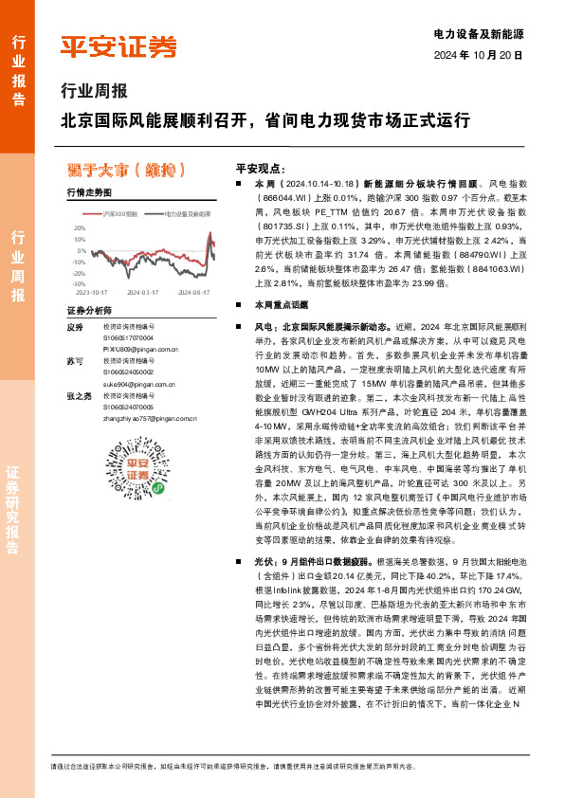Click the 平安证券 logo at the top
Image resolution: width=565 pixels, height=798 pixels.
118,45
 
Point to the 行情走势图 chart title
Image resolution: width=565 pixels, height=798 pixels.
90,191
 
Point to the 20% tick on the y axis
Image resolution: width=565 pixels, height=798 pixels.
80,227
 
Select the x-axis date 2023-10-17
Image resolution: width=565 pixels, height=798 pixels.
88,293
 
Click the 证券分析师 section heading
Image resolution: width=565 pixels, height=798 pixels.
90,311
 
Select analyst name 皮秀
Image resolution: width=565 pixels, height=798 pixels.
76,327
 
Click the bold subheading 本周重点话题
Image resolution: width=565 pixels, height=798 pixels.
275,305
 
